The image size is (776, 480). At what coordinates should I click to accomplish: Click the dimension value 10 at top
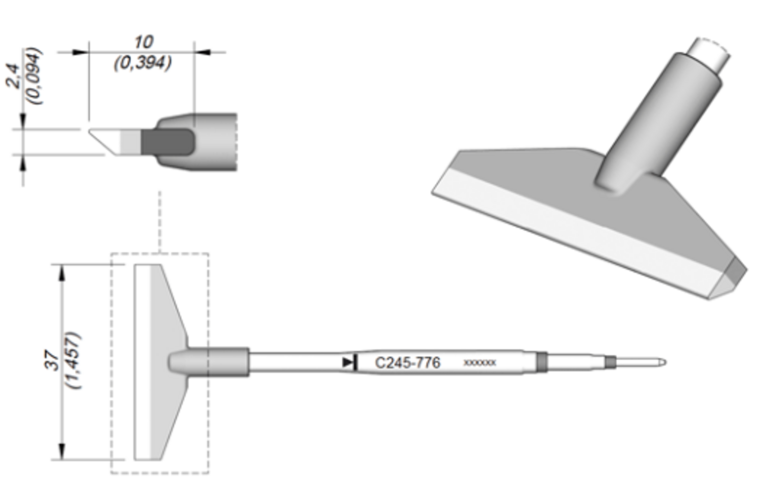143,42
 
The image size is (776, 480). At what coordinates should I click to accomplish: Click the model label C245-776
408,363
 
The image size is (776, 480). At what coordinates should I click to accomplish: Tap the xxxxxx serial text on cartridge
480,363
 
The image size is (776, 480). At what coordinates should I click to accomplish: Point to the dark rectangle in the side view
167,142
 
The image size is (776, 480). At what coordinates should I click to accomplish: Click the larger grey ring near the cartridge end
542,362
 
